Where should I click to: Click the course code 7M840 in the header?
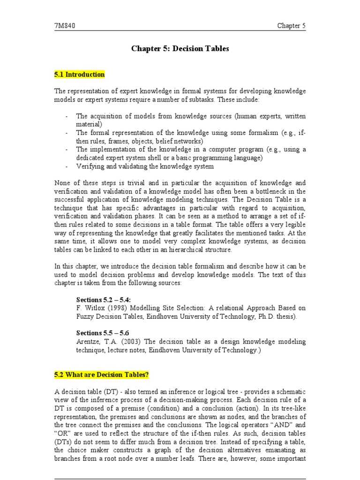(64, 26)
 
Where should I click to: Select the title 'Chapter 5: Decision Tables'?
(180, 49)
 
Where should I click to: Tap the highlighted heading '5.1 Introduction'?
(80, 75)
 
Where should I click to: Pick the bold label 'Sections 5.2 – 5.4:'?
(104, 300)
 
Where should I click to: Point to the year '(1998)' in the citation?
(116, 308)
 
